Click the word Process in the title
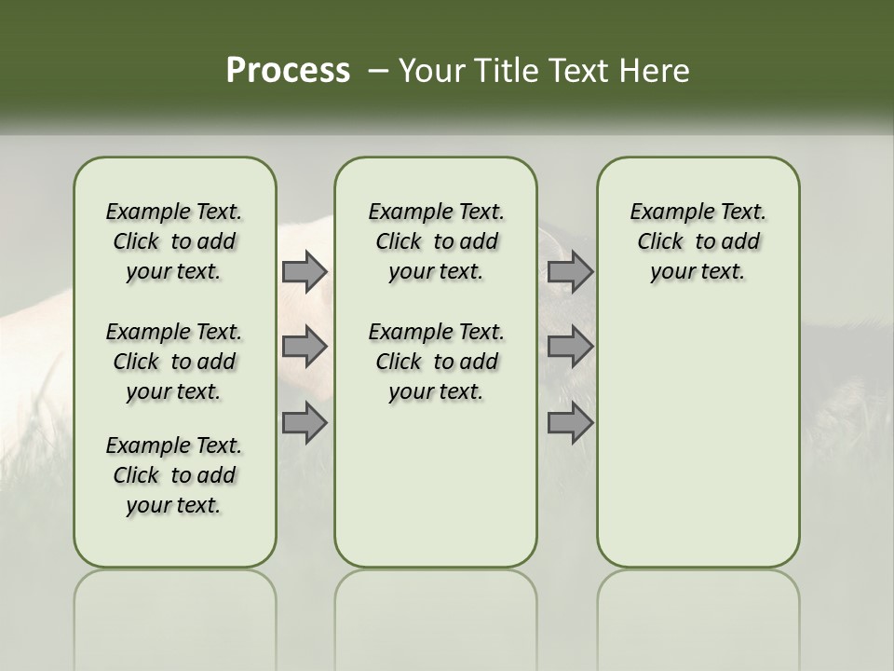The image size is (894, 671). point(288,71)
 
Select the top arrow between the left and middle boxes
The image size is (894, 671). point(305,271)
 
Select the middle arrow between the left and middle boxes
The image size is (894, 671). point(305,347)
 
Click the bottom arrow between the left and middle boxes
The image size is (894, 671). point(305,423)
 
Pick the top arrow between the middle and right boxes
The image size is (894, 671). point(570,271)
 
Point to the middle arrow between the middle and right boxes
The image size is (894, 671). point(570,347)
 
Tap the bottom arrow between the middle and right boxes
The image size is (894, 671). point(570,423)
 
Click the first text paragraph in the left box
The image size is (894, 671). point(174,241)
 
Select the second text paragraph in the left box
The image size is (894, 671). point(174,362)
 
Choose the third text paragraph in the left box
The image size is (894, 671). point(174,475)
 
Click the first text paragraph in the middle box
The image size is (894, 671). point(436,241)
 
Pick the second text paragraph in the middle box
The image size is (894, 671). point(436,362)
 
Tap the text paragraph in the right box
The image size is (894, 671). point(698,241)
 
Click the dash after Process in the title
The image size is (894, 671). point(378,71)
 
